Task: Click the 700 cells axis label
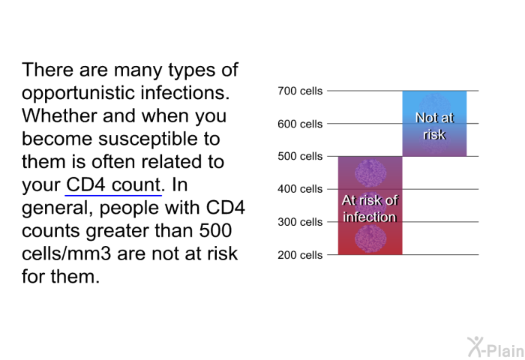(x=300, y=91)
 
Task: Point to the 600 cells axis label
(x=300, y=124)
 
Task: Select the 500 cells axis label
(x=300, y=156)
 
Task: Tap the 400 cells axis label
(x=300, y=189)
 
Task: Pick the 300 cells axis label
(x=300, y=222)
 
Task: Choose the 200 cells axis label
(x=300, y=255)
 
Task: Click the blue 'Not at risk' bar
(x=434, y=123)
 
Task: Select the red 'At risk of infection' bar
(x=370, y=205)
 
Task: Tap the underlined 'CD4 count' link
(x=113, y=184)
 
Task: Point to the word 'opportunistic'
(x=78, y=94)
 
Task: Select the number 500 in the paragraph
(x=215, y=231)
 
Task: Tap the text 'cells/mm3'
(x=66, y=253)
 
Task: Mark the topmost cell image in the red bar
(x=370, y=172)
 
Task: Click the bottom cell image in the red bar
(x=370, y=238)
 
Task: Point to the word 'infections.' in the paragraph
(x=185, y=93)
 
